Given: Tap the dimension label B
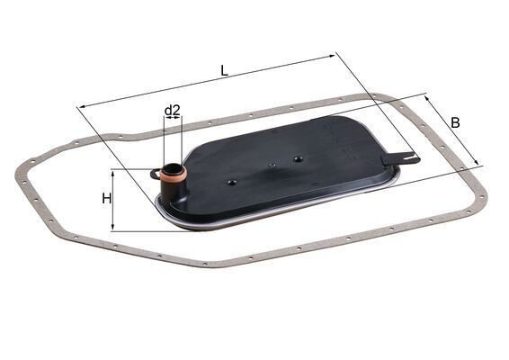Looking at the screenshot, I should (x=456, y=121).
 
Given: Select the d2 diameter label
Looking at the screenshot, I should (x=173, y=111).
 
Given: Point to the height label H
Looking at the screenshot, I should (x=107, y=198).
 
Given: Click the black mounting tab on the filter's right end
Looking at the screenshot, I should (x=402, y=159).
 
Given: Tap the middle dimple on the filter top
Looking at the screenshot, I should (x=271, y=166).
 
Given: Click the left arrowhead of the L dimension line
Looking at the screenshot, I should (x=82, y=107).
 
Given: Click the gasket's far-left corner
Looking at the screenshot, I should (x=20, y=170).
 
